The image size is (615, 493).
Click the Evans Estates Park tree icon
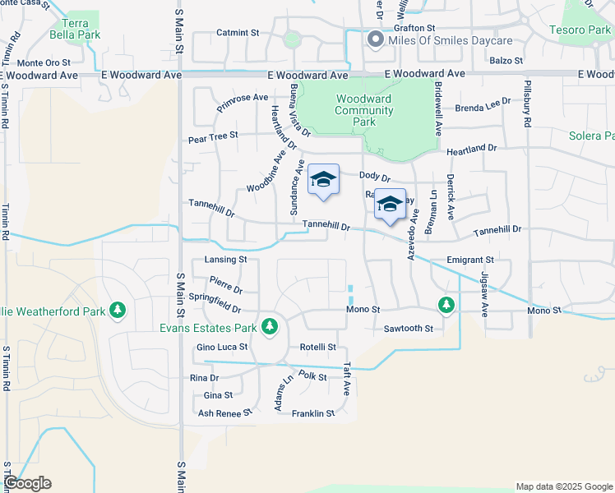point(269,327)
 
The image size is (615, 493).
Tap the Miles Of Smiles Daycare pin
point(376,39)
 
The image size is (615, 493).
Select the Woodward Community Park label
point(363,110)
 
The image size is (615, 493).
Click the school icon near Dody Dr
point(323,180)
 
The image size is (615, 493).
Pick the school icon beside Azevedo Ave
point(390,205)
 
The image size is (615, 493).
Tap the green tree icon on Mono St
point(446,306)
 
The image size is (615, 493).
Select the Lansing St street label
point(224,260)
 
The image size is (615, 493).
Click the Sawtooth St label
point(409,329)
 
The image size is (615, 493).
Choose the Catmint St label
point(238,33)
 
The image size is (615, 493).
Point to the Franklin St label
point(313,413)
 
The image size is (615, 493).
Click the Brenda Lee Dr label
point(479,108)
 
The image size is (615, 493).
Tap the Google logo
point(26,483)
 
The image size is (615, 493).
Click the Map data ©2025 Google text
point(563,486)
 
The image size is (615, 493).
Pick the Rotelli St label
point(318,348)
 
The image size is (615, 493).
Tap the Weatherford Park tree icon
point(118,311)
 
